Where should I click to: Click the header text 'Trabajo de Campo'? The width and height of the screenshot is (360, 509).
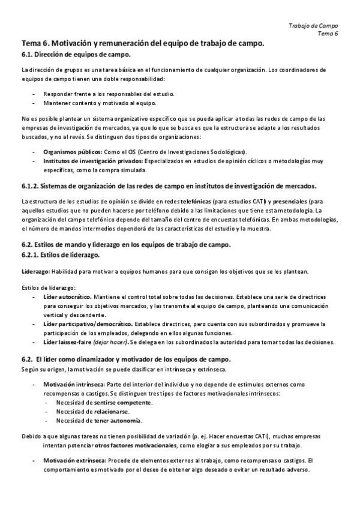pos(313,26)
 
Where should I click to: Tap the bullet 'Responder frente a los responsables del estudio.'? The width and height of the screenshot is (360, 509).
pos(109,94)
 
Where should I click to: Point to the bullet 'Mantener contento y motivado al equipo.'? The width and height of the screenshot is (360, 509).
pos(96,103)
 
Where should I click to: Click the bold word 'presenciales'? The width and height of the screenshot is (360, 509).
pos(295,201)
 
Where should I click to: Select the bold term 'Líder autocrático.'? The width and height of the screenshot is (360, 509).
pos(67,297)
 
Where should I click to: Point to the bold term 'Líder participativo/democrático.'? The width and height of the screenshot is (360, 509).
pos(83,324)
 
